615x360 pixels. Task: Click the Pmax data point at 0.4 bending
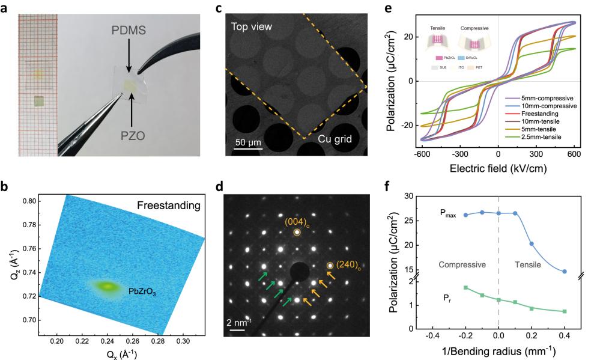click(565, 272)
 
